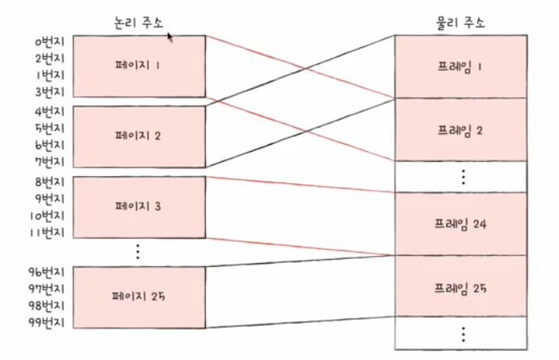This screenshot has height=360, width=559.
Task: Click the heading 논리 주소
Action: pyautogui.click(x=137, y=22)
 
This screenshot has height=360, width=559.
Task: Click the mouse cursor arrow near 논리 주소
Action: pyautogui.click(x=170, y=36)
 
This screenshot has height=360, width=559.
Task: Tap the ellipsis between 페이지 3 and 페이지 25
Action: pyautogui.click(x=137, y=250)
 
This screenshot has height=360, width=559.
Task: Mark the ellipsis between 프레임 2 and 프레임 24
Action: pyautogui.click(x=462, y=176)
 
